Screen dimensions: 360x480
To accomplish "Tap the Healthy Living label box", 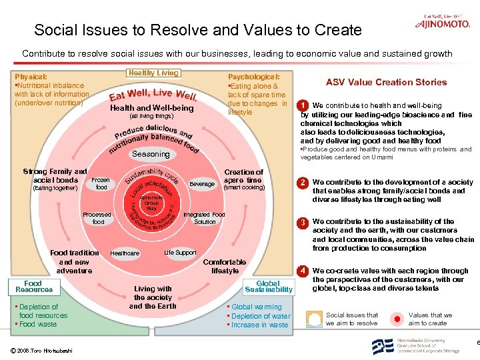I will coord(153,73).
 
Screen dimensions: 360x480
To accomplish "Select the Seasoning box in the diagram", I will coord(151,154).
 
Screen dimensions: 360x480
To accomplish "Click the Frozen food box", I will coord(101,184).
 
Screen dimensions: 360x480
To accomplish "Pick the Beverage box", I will coord(202,184).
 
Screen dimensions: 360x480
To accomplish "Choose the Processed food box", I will coord(98,218).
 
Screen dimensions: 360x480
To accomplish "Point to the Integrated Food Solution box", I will coord(204,218).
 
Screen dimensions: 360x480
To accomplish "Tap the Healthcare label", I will coord(125,253).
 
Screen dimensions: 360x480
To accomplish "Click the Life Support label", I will coord(180,253).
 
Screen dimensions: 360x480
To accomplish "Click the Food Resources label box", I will coord(34,287).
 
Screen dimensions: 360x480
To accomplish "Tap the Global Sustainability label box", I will coord(268,287).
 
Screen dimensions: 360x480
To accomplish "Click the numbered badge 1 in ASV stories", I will coord(303,105).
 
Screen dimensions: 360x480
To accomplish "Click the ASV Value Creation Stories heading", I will coord(386,82).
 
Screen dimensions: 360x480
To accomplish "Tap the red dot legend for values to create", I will coord(397,318).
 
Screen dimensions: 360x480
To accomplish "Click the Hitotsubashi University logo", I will coord(414,345).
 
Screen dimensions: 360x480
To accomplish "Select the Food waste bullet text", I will coord(38,324).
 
